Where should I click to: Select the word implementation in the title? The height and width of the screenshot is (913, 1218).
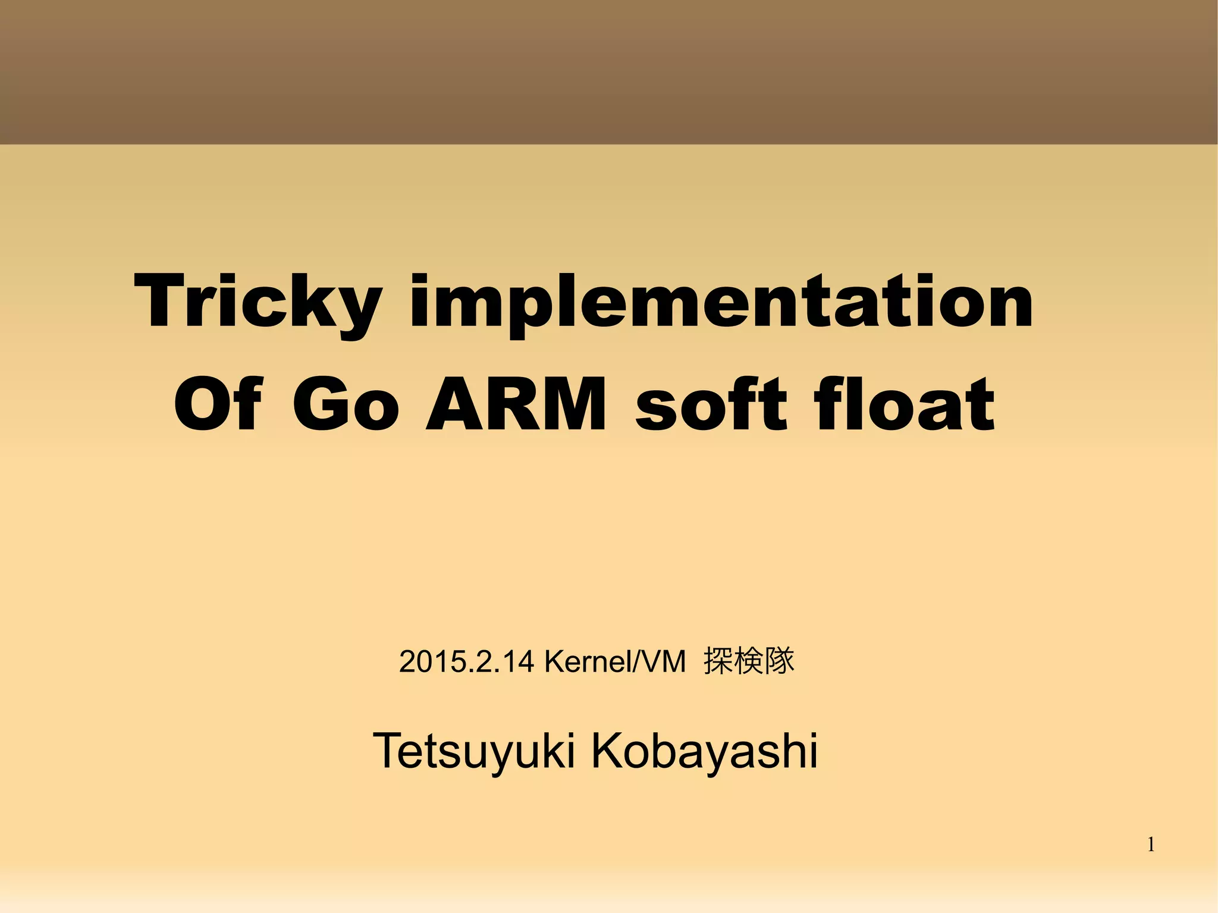[x=721, y=302]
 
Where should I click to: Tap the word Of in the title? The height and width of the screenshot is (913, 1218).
[x=217, y=404]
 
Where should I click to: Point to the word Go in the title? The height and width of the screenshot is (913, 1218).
[x=345, y=404]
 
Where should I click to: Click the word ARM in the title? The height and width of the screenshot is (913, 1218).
[x=516, y=404]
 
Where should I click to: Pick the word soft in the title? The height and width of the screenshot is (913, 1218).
[x=711, y=404]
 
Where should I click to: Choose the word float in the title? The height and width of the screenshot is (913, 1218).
[x=904, y=404]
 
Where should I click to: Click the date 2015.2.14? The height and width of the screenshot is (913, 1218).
[x=466, y=662]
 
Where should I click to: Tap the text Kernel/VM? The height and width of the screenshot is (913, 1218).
[x=615, y=662]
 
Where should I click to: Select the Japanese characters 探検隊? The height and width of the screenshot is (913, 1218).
[x=749, y=661]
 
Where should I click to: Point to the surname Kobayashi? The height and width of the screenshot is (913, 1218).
[x=704, y=751]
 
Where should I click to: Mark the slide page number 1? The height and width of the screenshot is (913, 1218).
[x=1151, y=845]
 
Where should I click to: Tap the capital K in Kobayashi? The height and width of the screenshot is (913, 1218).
[x=607, y=751]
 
